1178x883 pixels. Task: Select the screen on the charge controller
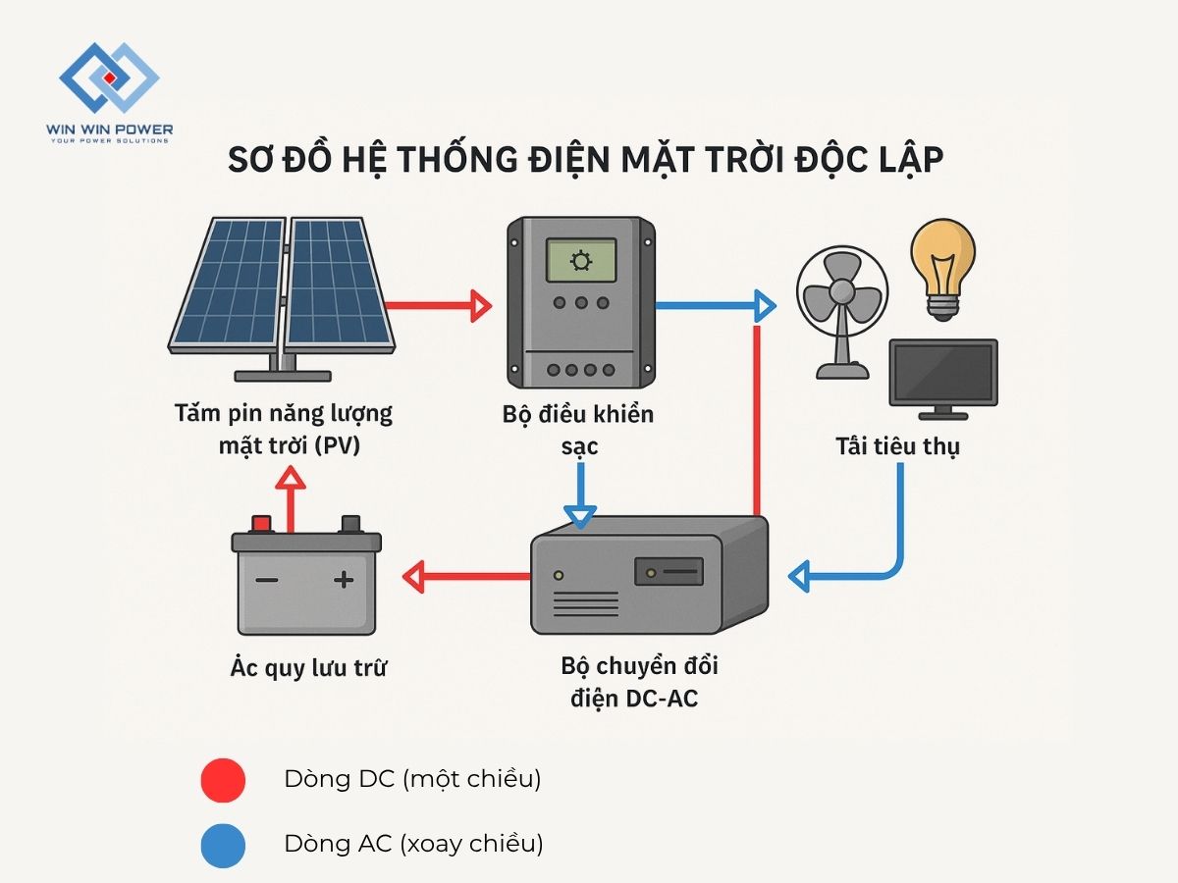tap(581, 261)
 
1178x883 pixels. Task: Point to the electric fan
tap(842, 309)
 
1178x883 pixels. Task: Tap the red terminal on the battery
tap(262, 523)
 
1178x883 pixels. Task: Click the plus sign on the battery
tap(344, 580)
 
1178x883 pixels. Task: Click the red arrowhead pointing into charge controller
tap(480, 306)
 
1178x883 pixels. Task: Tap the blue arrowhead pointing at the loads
tap(765, 306)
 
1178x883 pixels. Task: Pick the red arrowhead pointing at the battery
tap(413, 577)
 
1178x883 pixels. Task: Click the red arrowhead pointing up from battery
tap(289, 477)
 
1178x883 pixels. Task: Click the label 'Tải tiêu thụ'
tap(897, 447)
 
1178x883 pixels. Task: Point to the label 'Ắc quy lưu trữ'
tap(308, 669)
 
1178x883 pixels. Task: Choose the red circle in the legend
tap(223, 781)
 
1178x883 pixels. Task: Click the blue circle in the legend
tap(223, 843)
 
